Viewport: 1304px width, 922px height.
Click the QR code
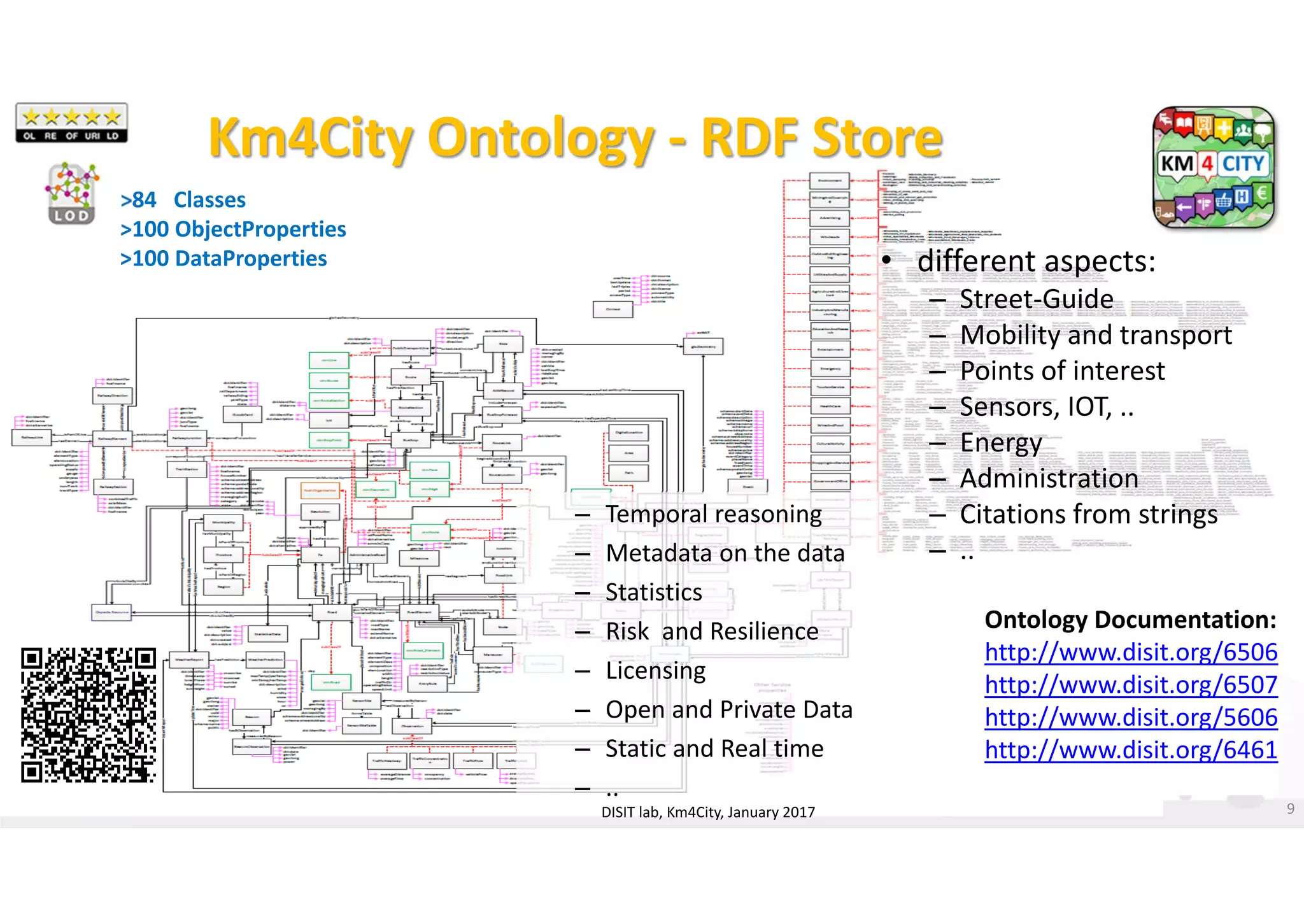click(89, 715)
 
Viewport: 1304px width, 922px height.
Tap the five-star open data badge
click(71, 123)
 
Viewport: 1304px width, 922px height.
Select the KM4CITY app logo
click(1214, 167)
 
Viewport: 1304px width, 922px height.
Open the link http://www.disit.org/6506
click(1131, 653)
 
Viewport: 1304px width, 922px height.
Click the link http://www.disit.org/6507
click(1131, 685)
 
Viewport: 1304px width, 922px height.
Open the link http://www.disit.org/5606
click(1131, 718)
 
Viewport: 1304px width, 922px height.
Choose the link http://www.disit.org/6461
click(1131, 750)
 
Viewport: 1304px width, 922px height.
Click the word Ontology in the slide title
click(541, 138)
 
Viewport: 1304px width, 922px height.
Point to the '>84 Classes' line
click(183, 200)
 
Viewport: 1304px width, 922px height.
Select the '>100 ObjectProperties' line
click(233, 229)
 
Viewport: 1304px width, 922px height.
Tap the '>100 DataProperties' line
click(223, 259)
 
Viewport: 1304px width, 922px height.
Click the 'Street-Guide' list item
click(1036, 299)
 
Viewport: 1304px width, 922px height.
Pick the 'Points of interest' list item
click(1062, 371)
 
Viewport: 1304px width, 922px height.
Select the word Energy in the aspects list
click(1001, 443)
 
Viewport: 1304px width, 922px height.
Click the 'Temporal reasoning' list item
click(713, 514)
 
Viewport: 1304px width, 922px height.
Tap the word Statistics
click(654, 593)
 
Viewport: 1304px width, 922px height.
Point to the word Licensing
click(656, 671)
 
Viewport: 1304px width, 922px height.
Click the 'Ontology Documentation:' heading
click(1130, 620)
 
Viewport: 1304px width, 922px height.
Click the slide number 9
click(1290, 809)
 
